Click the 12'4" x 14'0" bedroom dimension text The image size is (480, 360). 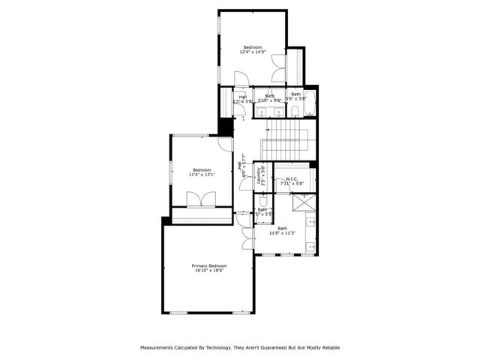point(252,52)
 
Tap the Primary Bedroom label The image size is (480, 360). point(209,266)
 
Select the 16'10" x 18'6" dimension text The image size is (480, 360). point(209,271)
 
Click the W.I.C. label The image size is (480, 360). point(292,178)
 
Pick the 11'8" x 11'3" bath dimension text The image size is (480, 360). point(283,233)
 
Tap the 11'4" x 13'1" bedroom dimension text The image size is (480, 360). point(201,175)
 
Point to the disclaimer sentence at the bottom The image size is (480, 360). point(240,347)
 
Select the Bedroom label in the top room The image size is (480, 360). point(252,46)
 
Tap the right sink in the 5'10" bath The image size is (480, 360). point(277,112)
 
